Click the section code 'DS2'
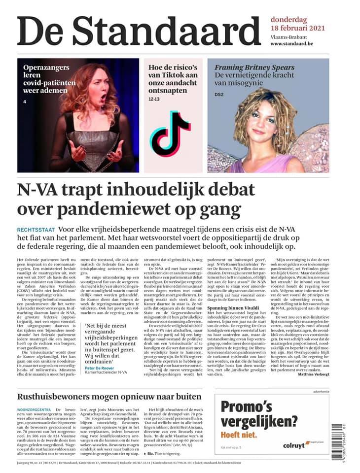click(x=219, y=94)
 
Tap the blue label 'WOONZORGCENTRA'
click(x=35, y=409)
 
